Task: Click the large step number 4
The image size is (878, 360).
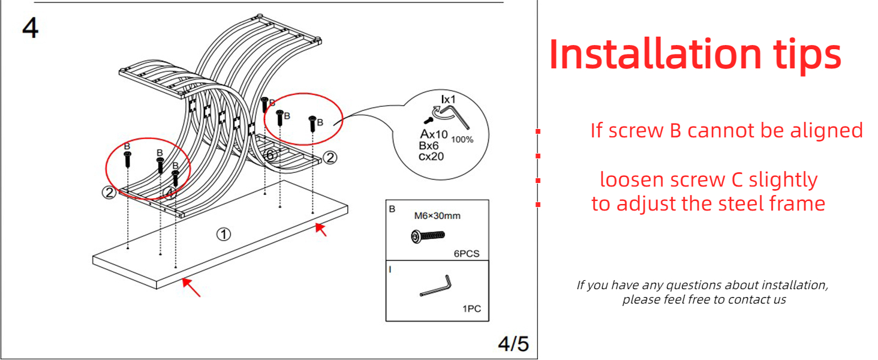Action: pyautogui.click(x=31, y=28)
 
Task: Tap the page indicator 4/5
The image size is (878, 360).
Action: pyautogui.click(x=513, y=344)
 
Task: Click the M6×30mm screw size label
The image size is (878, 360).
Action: pyautogui.click(x=437, y=215)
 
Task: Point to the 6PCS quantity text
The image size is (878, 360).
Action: pyautogui.click(x=466, y=254)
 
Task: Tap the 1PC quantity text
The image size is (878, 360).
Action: pyautogui.click(x=471, y=310)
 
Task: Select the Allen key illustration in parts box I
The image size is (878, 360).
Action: pyautogui.click(x=437, y=286)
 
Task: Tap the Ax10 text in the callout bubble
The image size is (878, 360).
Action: pyautogui.click(x=434, y=134)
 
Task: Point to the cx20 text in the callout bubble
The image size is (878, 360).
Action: pyautogui.click(x=432, y=156)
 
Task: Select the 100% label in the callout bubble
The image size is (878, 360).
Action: pyautogui.click(x=462, y=140)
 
